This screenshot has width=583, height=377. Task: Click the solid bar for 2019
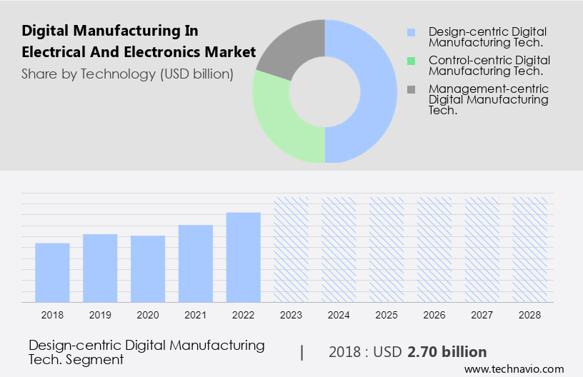tap(100, 268)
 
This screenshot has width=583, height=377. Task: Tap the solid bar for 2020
tap(148, 268)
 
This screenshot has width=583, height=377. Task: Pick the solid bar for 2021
tap(196, 263)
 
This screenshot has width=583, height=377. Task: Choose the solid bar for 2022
tap(244, 257)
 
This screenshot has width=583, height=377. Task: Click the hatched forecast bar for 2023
tap(291, 249)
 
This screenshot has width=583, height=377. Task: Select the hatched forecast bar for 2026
tap(434, 249)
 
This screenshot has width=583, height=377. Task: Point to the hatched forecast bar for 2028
tap(530, 249)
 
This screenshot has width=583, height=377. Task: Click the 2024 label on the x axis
tap(339, 314)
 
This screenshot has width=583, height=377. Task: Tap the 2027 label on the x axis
tap(482, 314)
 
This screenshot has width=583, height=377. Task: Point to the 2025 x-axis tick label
tap(387, 314)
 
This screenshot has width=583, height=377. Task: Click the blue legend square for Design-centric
tap(410, 32)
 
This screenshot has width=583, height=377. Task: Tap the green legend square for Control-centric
tap(410, 61)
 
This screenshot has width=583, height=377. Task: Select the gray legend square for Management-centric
tap(410, 89)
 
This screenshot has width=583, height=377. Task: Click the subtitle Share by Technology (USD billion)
tap(127, 74)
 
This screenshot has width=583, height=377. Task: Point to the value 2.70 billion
tap(447, 352)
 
